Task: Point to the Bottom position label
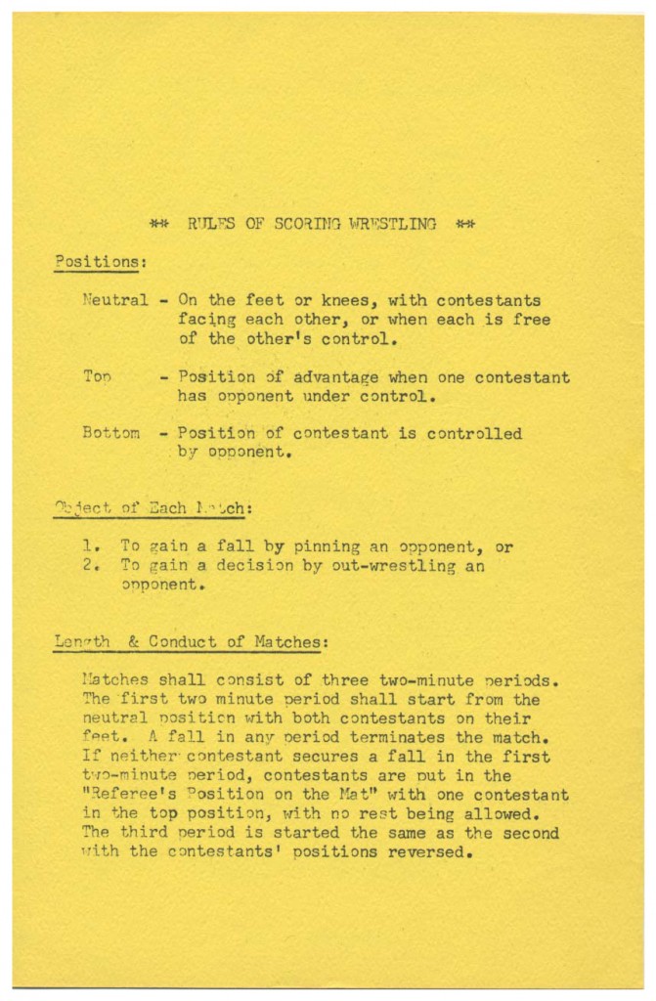[x=111, y=433]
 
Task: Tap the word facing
[x=208, y=321]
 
